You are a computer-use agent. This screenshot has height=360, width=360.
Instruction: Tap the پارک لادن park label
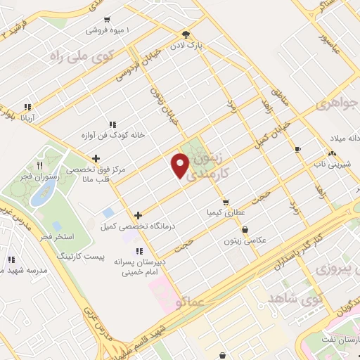(208, 45)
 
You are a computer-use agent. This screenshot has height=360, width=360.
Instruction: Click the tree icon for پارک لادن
(186, 34)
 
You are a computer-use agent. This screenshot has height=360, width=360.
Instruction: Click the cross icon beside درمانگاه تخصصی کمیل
(138, 214)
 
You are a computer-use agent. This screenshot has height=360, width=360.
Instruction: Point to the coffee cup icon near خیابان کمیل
(297, 149)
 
